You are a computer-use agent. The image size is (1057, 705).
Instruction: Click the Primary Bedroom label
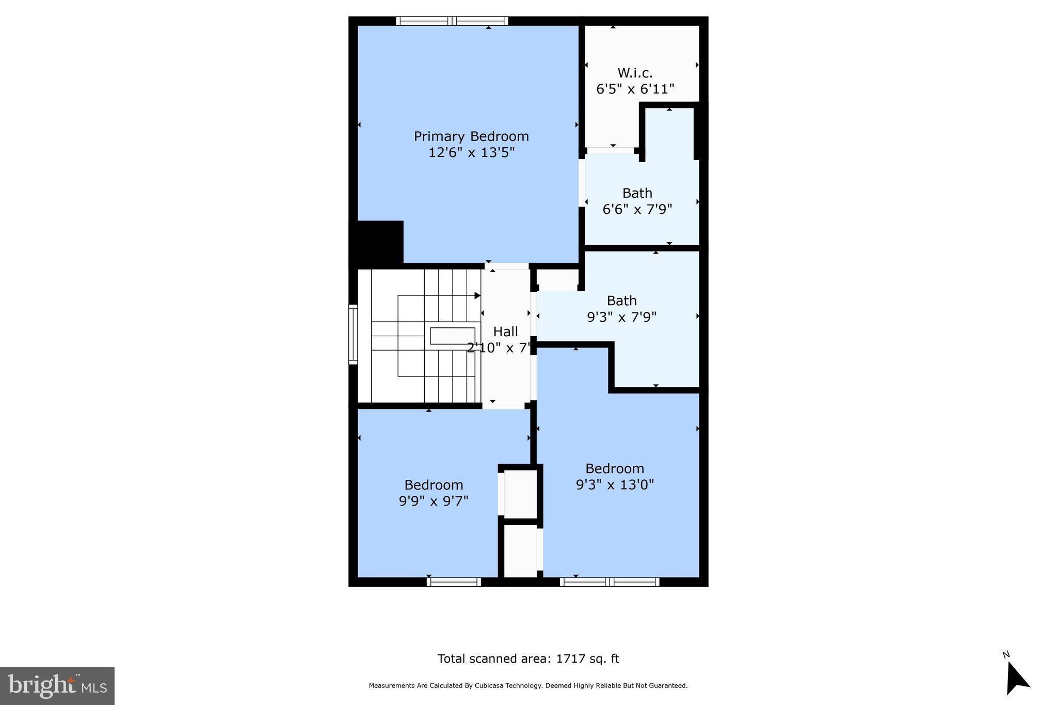pos(471,136)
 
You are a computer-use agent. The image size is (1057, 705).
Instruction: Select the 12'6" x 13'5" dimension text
pos(471,153)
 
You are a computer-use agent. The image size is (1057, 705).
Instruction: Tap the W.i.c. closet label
pos(635,73)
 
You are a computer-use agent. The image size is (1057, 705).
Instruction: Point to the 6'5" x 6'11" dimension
pos(635,89)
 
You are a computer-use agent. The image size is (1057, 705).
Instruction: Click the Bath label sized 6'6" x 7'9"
pos(637,193)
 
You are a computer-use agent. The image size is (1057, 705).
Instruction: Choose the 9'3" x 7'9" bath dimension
pos(621,317)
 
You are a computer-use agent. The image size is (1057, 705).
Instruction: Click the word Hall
pos(505,332)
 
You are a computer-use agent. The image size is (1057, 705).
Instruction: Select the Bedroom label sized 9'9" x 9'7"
pos(434,485)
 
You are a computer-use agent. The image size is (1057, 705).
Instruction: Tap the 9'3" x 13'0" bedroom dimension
pos(615,485)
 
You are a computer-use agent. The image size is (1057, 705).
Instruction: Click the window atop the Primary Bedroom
pos(452,21)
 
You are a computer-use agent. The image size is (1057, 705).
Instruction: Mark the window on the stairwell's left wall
pos(353,334)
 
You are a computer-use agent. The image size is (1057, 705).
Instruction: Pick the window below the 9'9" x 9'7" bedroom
pos(454,582)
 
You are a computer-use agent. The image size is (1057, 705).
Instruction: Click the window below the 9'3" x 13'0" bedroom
pos(610,582)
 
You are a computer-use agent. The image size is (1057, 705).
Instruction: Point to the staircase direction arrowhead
pos(477,295)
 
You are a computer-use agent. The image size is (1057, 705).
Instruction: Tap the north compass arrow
pos(1017,679)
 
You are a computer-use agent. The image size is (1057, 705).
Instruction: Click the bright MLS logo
pos(57,686)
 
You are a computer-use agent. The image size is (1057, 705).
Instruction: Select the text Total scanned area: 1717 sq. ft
pos(528,659)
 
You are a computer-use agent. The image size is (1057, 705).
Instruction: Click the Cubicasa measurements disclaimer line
pos(528,686)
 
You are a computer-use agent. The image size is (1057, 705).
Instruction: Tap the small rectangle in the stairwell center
pos(452,336)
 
